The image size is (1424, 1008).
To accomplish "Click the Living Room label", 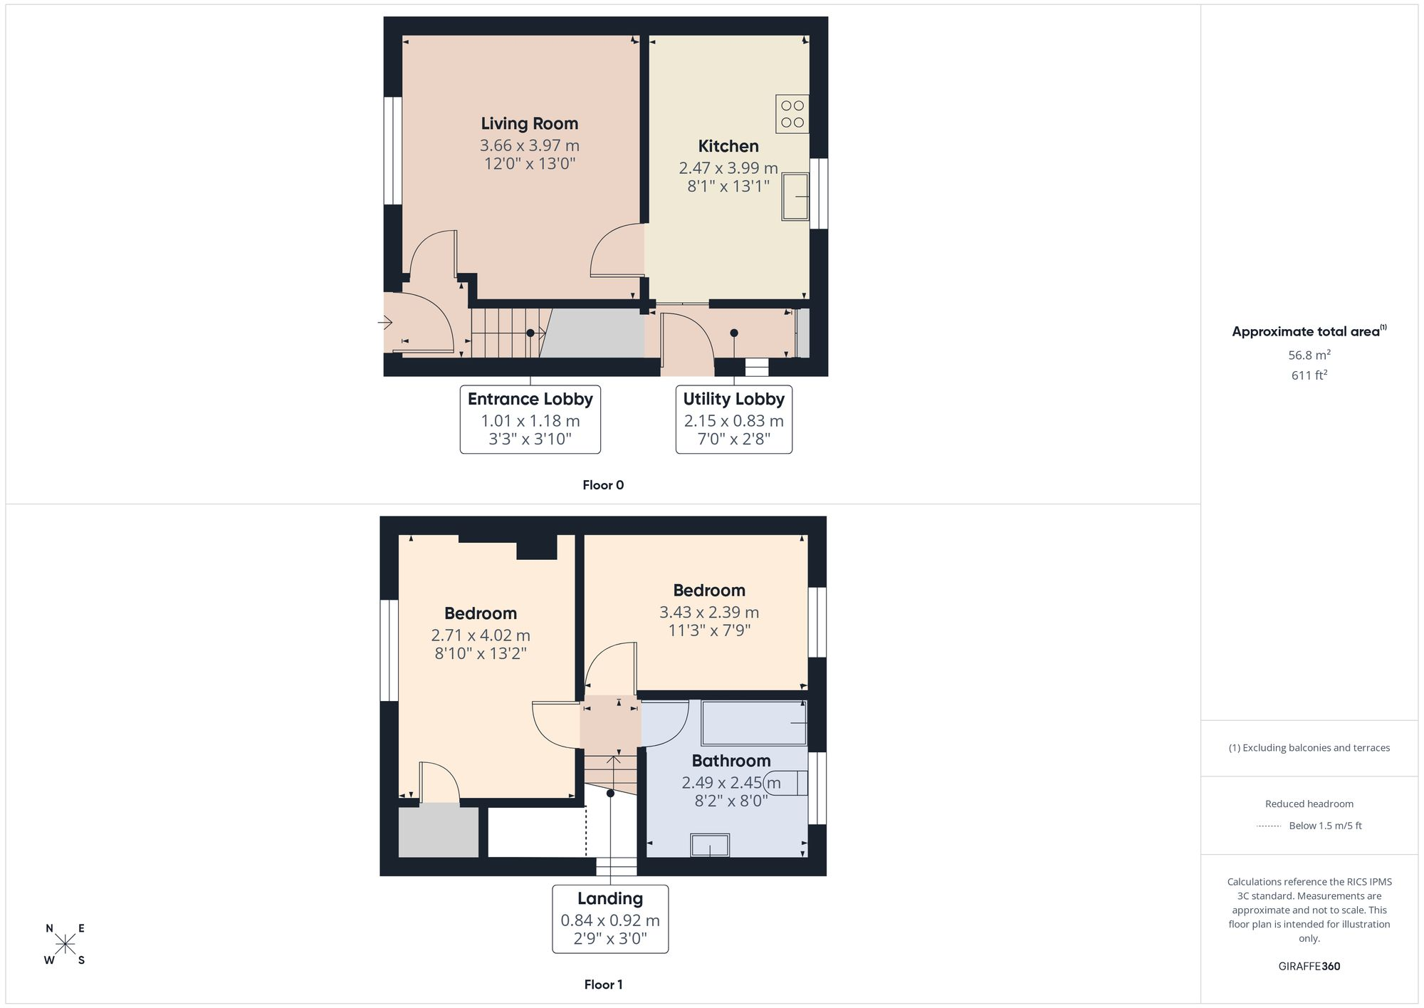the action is (530, 124).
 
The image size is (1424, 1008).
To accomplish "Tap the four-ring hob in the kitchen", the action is (792, 114).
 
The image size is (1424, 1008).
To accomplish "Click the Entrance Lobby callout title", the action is (530, 400).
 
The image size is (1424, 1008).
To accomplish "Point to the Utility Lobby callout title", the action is (734, 400).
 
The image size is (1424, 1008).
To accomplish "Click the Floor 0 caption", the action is (603, 485).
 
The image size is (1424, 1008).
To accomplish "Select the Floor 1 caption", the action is (603, 984).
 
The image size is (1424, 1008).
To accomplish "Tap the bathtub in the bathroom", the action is (754, 723).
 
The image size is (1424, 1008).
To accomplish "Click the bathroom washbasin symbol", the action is (710, 846).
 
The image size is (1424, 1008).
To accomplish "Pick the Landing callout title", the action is (610, 899).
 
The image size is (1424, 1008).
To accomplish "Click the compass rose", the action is (66, 945).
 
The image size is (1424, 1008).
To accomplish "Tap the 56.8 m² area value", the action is (1309, 355).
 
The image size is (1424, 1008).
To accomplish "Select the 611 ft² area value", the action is (1309, 375).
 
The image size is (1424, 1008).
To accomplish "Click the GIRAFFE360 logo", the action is (1309, 967).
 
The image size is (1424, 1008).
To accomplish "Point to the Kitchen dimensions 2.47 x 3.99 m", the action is (728, 169).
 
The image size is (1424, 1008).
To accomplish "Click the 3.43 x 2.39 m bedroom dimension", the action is (709, 613).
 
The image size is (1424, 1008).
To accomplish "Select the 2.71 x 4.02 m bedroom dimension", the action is (481, 635).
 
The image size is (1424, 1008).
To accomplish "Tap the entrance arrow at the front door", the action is (385, 323).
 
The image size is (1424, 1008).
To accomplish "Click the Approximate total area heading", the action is (1309, 331).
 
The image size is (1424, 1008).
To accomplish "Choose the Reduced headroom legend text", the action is (1309, 804).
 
